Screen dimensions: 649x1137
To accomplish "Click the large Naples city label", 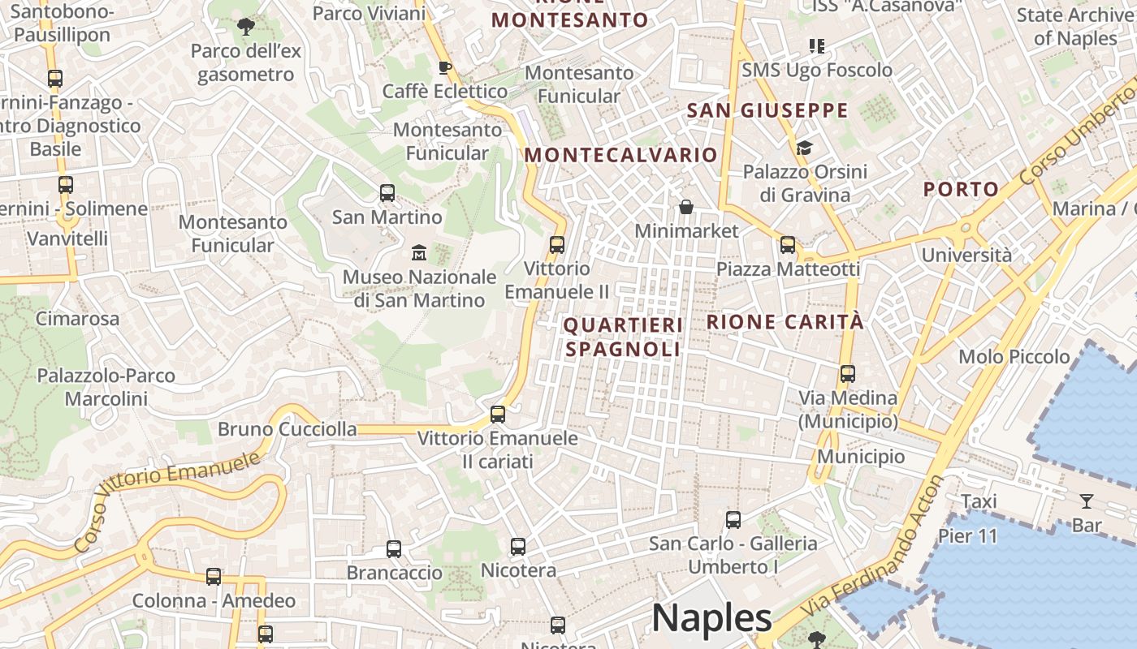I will pos(711,618).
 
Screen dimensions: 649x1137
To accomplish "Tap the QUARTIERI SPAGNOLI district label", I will pos(623,337).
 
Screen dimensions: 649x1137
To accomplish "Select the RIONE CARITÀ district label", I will pos(785,322).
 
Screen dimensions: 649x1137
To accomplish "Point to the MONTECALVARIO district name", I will pos(621,155).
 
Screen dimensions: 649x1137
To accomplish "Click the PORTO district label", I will pos(961,190).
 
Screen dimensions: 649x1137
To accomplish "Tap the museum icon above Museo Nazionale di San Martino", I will pos(419,252).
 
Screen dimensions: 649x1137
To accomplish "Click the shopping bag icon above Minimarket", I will pos(686,207).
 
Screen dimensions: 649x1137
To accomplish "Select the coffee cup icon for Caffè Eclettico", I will pos(443,67).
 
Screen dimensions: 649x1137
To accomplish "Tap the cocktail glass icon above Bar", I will pos(1086,501).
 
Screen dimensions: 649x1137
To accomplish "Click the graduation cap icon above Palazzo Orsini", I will pos(804,148).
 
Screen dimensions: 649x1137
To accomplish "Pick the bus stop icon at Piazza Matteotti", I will pos(787,244).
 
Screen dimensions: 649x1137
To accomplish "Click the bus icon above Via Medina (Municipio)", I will pos(848,374).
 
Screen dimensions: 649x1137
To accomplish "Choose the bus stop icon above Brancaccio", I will pos(394,548).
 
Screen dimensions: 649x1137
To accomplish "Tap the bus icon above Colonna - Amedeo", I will pos(214,577).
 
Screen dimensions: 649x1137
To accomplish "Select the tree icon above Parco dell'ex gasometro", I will pos(245,27).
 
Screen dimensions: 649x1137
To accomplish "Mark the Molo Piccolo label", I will pos(1014,357).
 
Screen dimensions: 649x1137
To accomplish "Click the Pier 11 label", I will pos(967,536).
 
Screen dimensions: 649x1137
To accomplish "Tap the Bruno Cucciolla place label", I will pos(287,429).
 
